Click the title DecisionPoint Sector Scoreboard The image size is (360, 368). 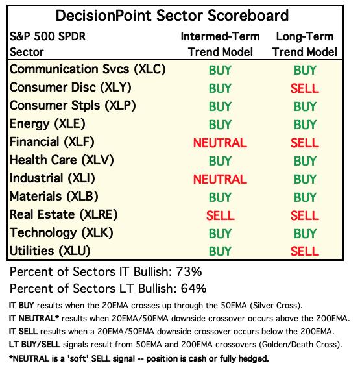(172, 16)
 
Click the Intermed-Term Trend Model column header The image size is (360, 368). (221, 44)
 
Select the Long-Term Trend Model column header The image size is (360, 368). (305, 44)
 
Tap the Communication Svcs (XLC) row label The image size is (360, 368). (88, 69)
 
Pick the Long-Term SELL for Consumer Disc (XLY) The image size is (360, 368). (305, 88)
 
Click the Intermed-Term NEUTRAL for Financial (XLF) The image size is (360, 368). (220, 143)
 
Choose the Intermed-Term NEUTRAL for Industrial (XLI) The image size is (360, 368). (220, 179)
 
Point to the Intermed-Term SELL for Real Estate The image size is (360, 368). (221, 215)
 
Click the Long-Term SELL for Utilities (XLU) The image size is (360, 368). (305, 251)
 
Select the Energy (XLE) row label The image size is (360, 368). (47, 124)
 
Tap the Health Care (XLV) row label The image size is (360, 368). (62, 160)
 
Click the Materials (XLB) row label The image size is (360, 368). (54, 197)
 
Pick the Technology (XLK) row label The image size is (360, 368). (62, 233)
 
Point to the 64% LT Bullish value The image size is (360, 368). (193, 288)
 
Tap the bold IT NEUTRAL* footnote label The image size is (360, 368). (34, 319)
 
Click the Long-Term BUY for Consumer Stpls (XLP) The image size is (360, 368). (305, 106)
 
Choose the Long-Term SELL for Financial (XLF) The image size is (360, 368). (305, 143)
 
